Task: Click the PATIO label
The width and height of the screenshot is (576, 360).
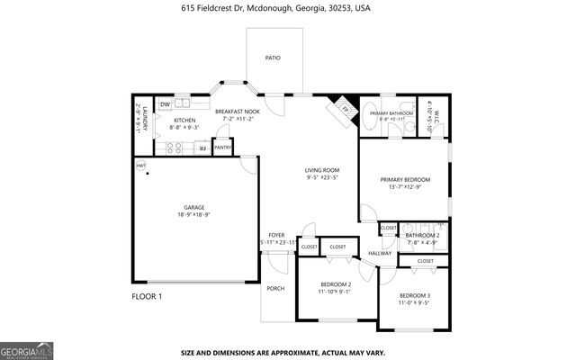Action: point(273,58)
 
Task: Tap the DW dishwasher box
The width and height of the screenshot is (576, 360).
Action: point(166,104)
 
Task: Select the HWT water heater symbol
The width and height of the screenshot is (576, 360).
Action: point(141,166)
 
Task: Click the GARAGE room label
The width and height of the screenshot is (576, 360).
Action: point(195,209)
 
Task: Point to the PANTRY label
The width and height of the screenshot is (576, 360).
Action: point(223,148)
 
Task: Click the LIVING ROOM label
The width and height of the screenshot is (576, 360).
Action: point(321,170)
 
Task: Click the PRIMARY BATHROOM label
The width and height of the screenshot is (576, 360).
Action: point(391,114)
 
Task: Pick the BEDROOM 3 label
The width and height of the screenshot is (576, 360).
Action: point(415,296)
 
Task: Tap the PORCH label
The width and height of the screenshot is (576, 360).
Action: point(275,289)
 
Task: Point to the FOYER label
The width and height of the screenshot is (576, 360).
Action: point(276,235)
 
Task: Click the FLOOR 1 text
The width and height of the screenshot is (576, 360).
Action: point(147,296)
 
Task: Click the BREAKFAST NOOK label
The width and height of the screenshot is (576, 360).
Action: point(238,111)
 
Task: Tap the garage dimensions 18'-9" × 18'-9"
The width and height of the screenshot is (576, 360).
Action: point(195,216)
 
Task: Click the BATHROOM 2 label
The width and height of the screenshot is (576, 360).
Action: point(421,235)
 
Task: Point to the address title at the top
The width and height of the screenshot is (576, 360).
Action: point(288,7)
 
